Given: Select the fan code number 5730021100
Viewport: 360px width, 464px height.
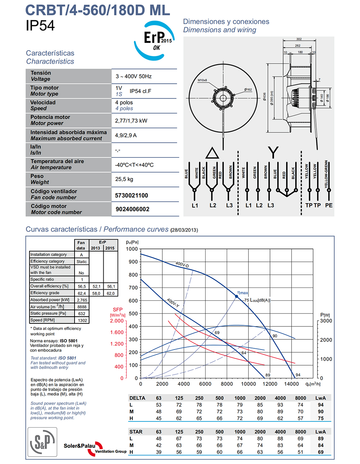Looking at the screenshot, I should (x=131, y=196).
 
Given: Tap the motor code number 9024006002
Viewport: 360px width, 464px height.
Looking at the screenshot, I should (x=132, y=209).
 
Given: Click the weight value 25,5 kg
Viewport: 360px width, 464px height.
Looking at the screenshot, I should (x=124, y=179).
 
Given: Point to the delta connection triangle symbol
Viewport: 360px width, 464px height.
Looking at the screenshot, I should (x=212, y=153).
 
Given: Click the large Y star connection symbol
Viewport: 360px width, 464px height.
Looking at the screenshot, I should (x=273, y=152).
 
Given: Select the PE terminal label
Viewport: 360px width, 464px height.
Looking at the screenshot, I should (x=329, y=205).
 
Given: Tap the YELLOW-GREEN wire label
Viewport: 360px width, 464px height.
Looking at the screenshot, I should (x=326, y=174).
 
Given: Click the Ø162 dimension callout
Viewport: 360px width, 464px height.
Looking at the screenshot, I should (x=248, y=89).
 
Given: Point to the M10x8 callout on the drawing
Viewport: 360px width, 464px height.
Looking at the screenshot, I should (x=202, y=80).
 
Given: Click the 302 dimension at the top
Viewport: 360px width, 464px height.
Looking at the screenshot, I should (x=299, y=39).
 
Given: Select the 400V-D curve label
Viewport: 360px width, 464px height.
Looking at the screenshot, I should (x=182, y=265).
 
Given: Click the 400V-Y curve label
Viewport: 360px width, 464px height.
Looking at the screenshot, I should (x=173, y=303).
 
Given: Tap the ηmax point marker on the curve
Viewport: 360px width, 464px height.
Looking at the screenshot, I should (x=237, y=296).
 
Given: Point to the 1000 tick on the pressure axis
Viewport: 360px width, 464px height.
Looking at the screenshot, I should (x=132, y=249).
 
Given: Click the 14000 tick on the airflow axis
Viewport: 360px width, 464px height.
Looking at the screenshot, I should (x=291, y=384).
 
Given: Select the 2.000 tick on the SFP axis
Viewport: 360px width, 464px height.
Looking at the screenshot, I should (x=117, y=321).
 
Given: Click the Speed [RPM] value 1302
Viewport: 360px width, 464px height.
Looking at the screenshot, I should (x=82, y=320).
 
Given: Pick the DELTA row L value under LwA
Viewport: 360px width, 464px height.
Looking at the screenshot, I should (x=320, y=405).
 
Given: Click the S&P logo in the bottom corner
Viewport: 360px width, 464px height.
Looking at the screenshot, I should (x=42, y=442).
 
